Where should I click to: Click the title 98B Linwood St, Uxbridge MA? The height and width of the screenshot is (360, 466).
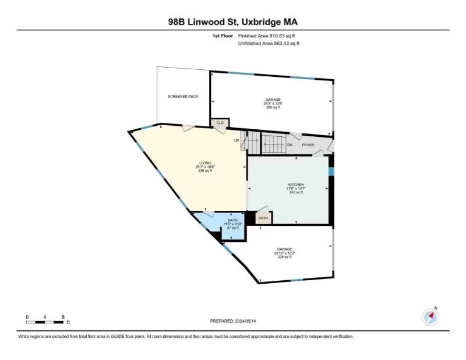coord(232,22)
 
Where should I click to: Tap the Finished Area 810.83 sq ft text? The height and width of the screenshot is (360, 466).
coord(271,36)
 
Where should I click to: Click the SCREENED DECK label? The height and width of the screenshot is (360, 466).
coord(183,96)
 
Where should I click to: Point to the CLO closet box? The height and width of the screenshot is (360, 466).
coord(220,123)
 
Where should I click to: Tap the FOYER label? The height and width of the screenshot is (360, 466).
coord(308,144)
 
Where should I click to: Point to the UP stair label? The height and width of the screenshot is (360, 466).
coord(236,140)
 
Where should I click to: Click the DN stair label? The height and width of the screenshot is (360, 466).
coord(290,144)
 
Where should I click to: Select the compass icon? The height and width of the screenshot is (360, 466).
coord(430,316)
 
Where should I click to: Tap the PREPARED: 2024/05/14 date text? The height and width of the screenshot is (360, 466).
coord(233,321)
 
